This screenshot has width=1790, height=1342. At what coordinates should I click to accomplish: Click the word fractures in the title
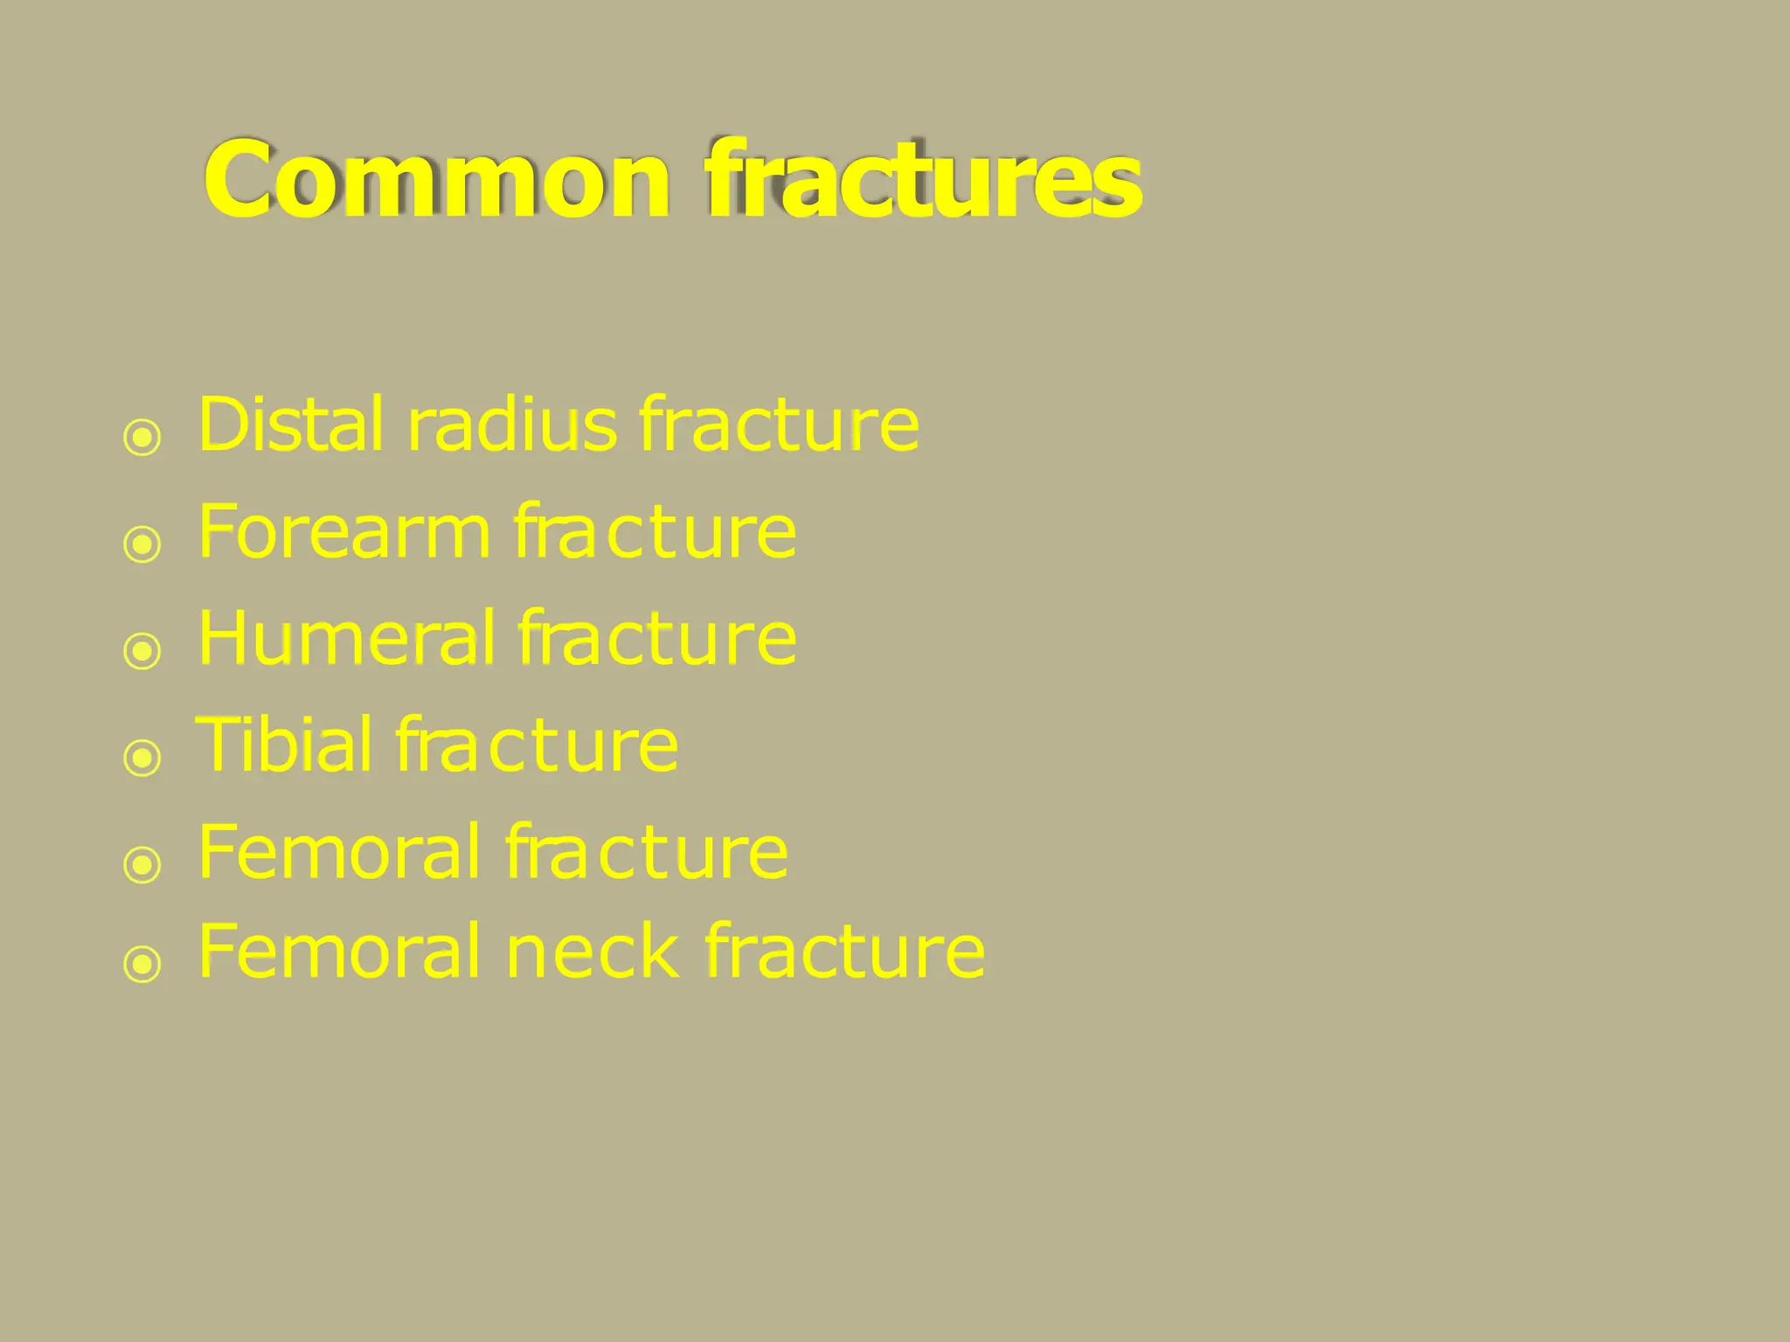point(923,181)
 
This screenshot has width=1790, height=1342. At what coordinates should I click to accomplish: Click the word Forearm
point(344,532)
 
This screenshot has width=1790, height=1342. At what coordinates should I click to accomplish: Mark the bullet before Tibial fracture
point(142,757)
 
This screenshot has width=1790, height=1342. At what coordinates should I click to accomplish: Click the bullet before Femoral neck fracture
point(142,965)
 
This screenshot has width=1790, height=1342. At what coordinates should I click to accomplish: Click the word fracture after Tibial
point(537,745)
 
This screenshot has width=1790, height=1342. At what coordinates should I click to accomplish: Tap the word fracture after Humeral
point(656,639)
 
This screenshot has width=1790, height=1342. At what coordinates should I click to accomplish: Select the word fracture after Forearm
point(655,532)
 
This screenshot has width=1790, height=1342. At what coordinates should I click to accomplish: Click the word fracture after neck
point(844,952)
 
